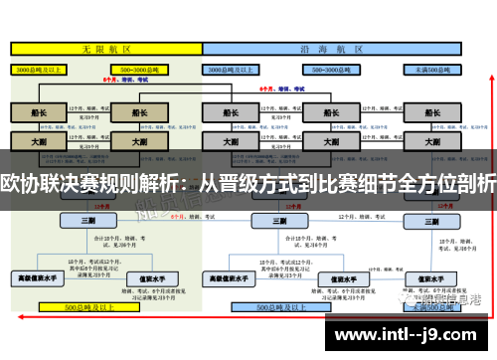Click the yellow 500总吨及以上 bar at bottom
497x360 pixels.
pyautogui.click(x=102, y=308)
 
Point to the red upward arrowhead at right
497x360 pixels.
pyautogui.click(x=486, y=127)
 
